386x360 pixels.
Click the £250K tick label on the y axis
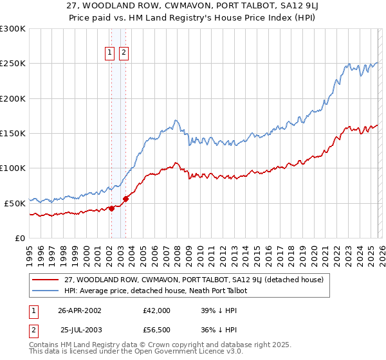[13, 64]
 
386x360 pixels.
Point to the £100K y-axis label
[13, 168]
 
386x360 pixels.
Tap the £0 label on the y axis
[19, 238]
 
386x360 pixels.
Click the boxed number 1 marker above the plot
[111, 53]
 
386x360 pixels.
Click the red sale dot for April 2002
[111, 208]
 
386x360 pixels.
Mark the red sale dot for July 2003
[125, 199]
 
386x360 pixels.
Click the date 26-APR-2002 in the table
[80, 310]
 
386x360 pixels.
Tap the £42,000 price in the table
[156, 310]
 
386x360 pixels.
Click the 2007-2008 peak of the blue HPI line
[175, 120]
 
